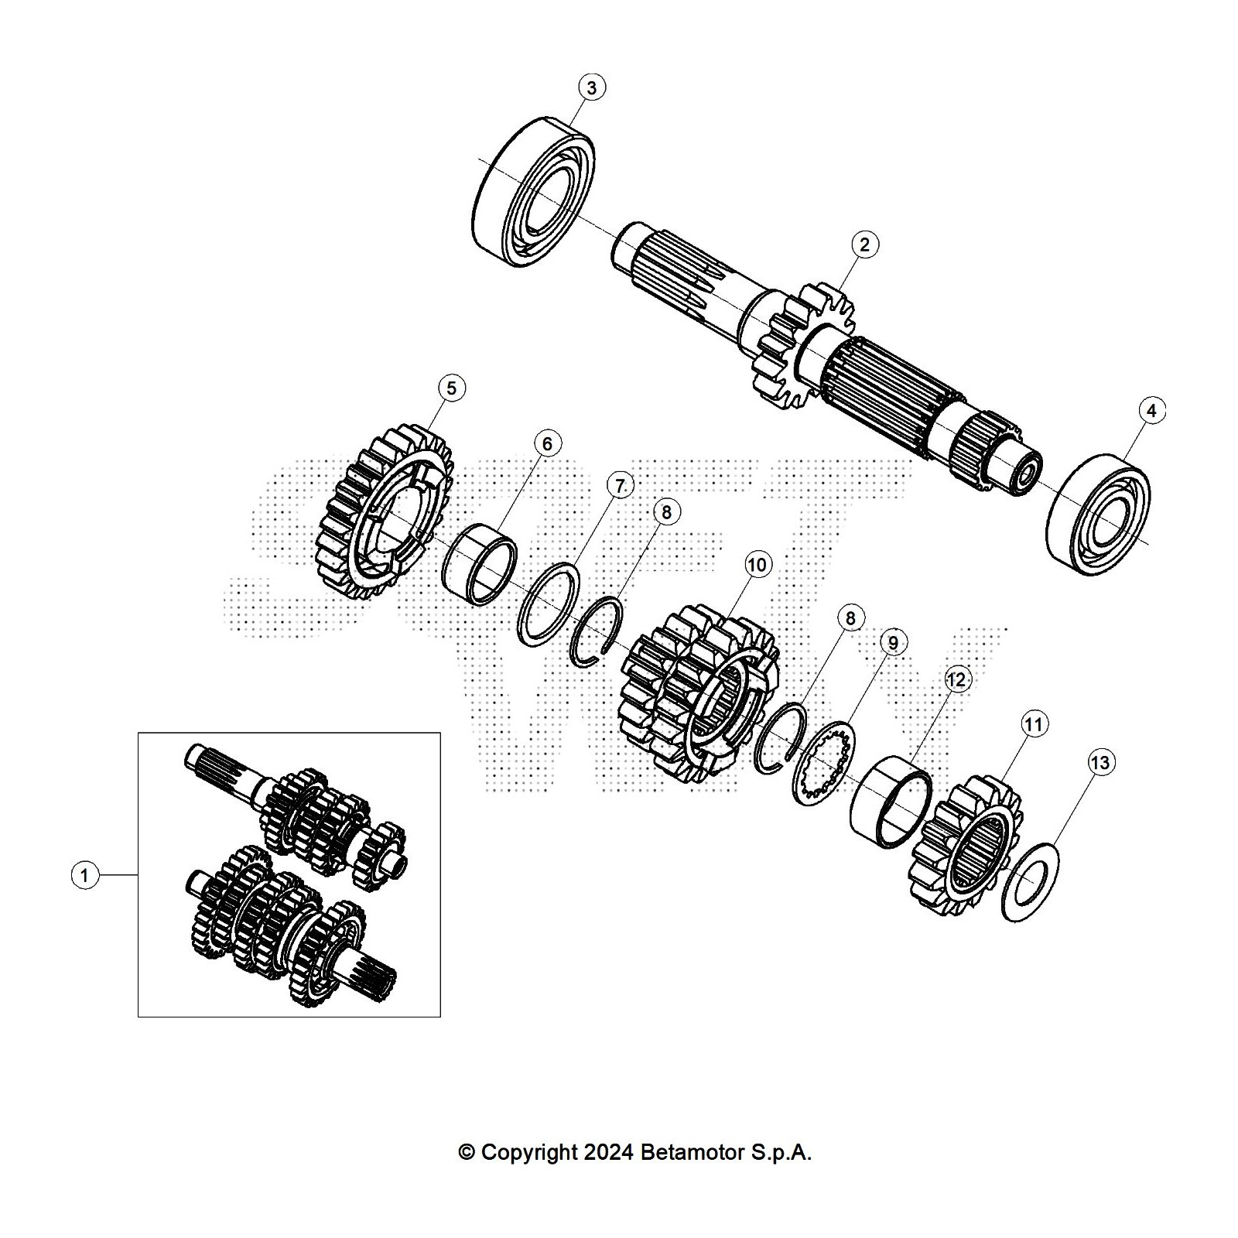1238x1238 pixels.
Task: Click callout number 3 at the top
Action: tap(592, 87)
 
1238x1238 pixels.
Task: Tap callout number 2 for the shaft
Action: tap(864, 245)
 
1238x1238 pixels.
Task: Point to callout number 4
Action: tap(1151, 411)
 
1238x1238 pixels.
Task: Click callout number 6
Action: tap(547, 444)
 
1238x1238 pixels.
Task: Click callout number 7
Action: tap(620, 486)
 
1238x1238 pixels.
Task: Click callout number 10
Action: tap(757, 565)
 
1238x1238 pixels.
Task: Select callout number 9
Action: tap(893, 643)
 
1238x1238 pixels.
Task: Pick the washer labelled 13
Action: tap(1031, 881)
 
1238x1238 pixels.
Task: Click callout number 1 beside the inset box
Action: tap(85, 876)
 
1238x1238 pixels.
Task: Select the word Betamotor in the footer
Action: tap(691, 1152)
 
